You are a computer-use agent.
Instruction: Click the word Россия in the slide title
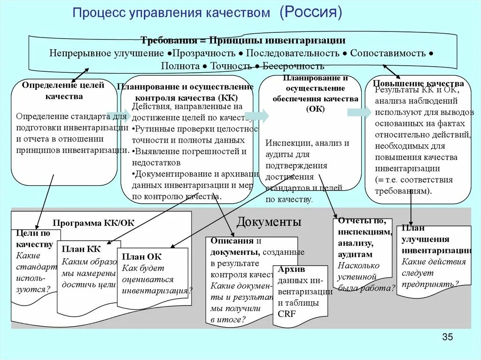click(x=311, y=13)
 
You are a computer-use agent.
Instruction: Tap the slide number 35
click(x=447, y=337)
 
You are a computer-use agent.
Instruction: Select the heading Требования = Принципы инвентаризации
click(x=243, y=40)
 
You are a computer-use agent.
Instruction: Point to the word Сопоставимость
click(x=388, y=53)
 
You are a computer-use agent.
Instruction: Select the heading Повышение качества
click(x=418, y=84)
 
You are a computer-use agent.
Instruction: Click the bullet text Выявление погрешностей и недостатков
click(x=189, y=157)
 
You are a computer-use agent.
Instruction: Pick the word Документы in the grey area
click(x=269, y=222)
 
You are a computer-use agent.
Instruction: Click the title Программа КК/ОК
click(x=93, y=223)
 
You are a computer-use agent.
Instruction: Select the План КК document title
click(x=81, y=249)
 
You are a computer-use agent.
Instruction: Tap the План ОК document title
click(x=141, y=257)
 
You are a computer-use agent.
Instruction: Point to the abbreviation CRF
click(x=287, y=314)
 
